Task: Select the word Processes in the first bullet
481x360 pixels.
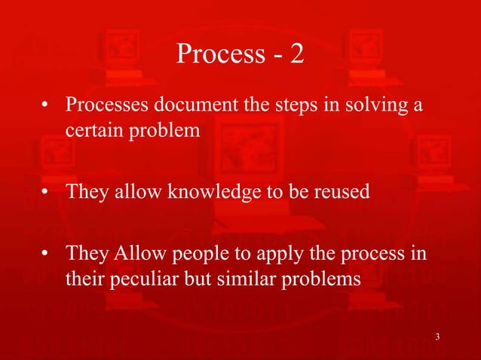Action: [x=105, y=105]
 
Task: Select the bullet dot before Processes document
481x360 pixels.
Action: [x=46, y=106]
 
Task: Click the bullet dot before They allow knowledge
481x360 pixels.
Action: [x=46, y=192]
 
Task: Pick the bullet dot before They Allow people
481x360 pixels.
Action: [x=46, y=253]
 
